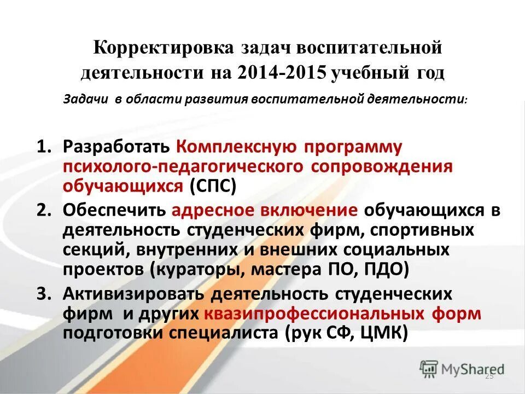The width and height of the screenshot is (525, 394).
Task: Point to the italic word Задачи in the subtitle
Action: (87, 100)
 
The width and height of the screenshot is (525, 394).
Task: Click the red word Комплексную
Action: (237, 147)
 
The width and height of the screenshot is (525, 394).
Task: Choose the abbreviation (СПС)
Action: (212, 186)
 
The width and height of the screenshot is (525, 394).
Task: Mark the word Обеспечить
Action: (114, 211)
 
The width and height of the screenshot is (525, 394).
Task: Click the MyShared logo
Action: (462, 369)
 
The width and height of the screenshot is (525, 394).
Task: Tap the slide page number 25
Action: (489, 377)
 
